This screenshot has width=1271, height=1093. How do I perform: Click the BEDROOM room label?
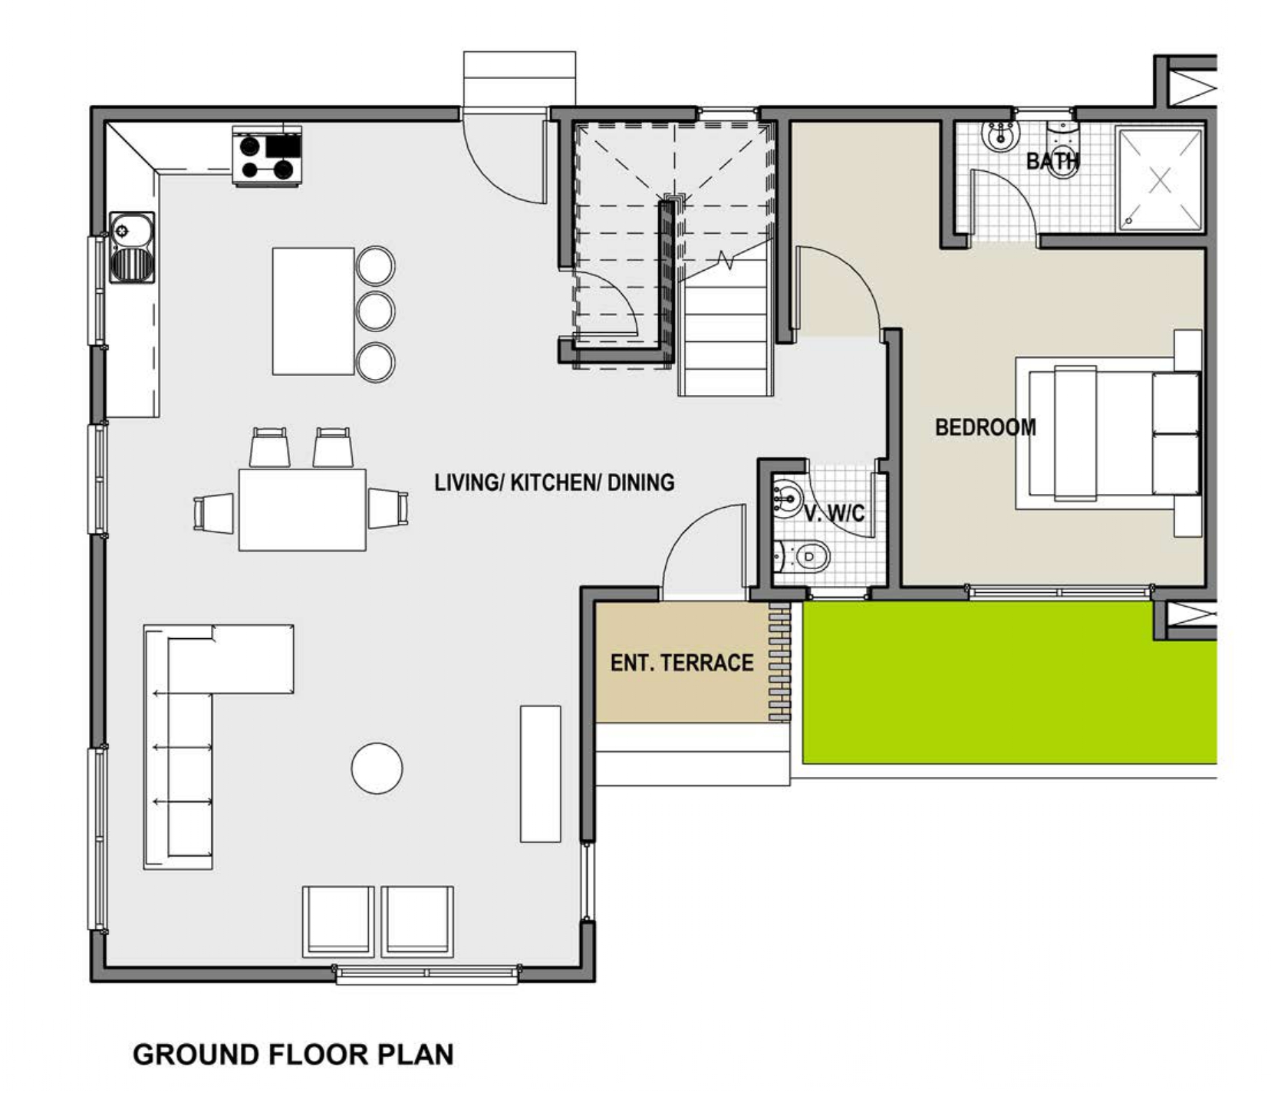pos(985,427)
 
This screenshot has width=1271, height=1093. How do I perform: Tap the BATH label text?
pos(1052,161)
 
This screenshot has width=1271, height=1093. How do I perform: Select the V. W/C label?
pos(834,513)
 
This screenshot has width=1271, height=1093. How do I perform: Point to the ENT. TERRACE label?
pos(682,663)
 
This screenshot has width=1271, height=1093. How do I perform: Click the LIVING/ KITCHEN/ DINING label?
pos(555,482)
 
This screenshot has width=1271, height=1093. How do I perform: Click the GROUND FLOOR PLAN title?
pos(293,1054)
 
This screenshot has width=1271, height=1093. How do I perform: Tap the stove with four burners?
pos(267,156)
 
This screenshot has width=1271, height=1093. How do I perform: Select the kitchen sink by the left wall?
pos(132,247)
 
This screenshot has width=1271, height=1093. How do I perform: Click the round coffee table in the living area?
pos(377,768)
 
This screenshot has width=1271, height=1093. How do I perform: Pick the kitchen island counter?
pos(314,311)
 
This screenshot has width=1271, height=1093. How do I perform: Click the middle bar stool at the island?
pos(376,311)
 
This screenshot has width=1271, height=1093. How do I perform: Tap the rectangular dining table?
pos(302,509)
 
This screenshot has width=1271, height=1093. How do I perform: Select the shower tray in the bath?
pos(1160,179)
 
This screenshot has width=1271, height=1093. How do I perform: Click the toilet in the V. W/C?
pos(804,556)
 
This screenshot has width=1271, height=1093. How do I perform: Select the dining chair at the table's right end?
pos(388,509)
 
